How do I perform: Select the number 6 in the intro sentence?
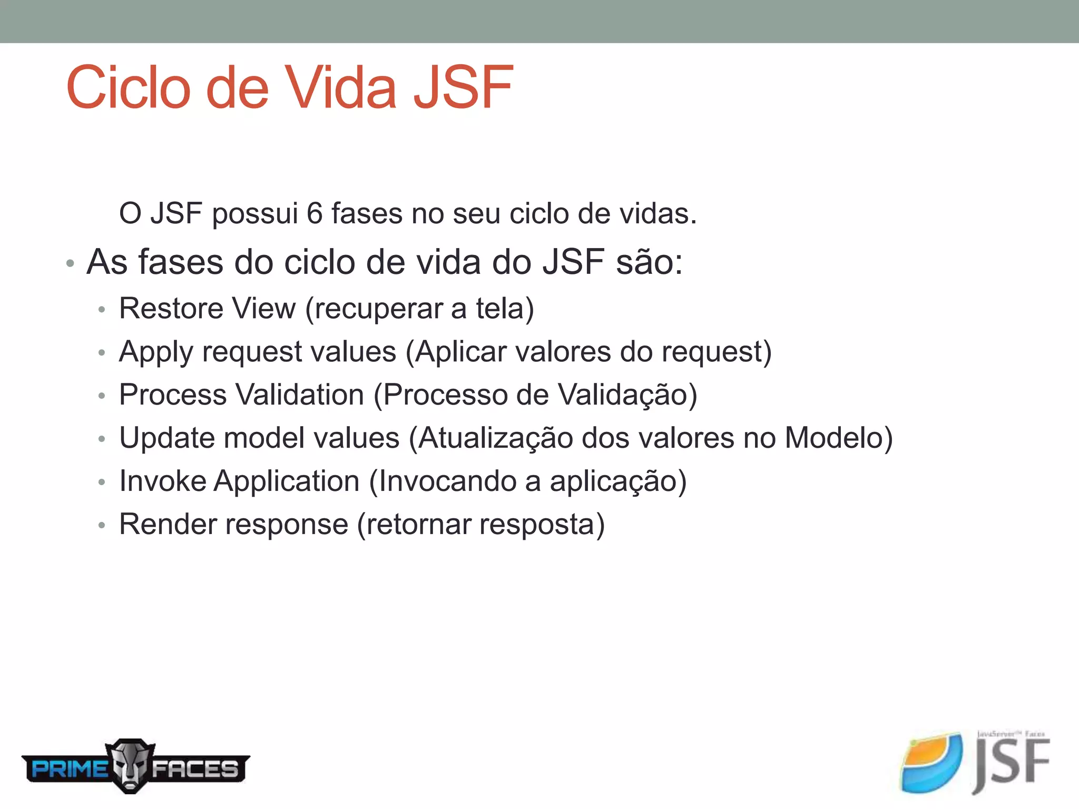pos(315,214)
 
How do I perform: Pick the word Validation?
pos(300,395)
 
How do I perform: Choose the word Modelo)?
pos(839,438)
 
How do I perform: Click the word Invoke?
pos(163,481)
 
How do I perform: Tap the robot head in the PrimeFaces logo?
pos(130,766)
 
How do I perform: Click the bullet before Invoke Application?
pos(102,482)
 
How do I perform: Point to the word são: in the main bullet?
pos(649,262)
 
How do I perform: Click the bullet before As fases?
pos(70,263)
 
